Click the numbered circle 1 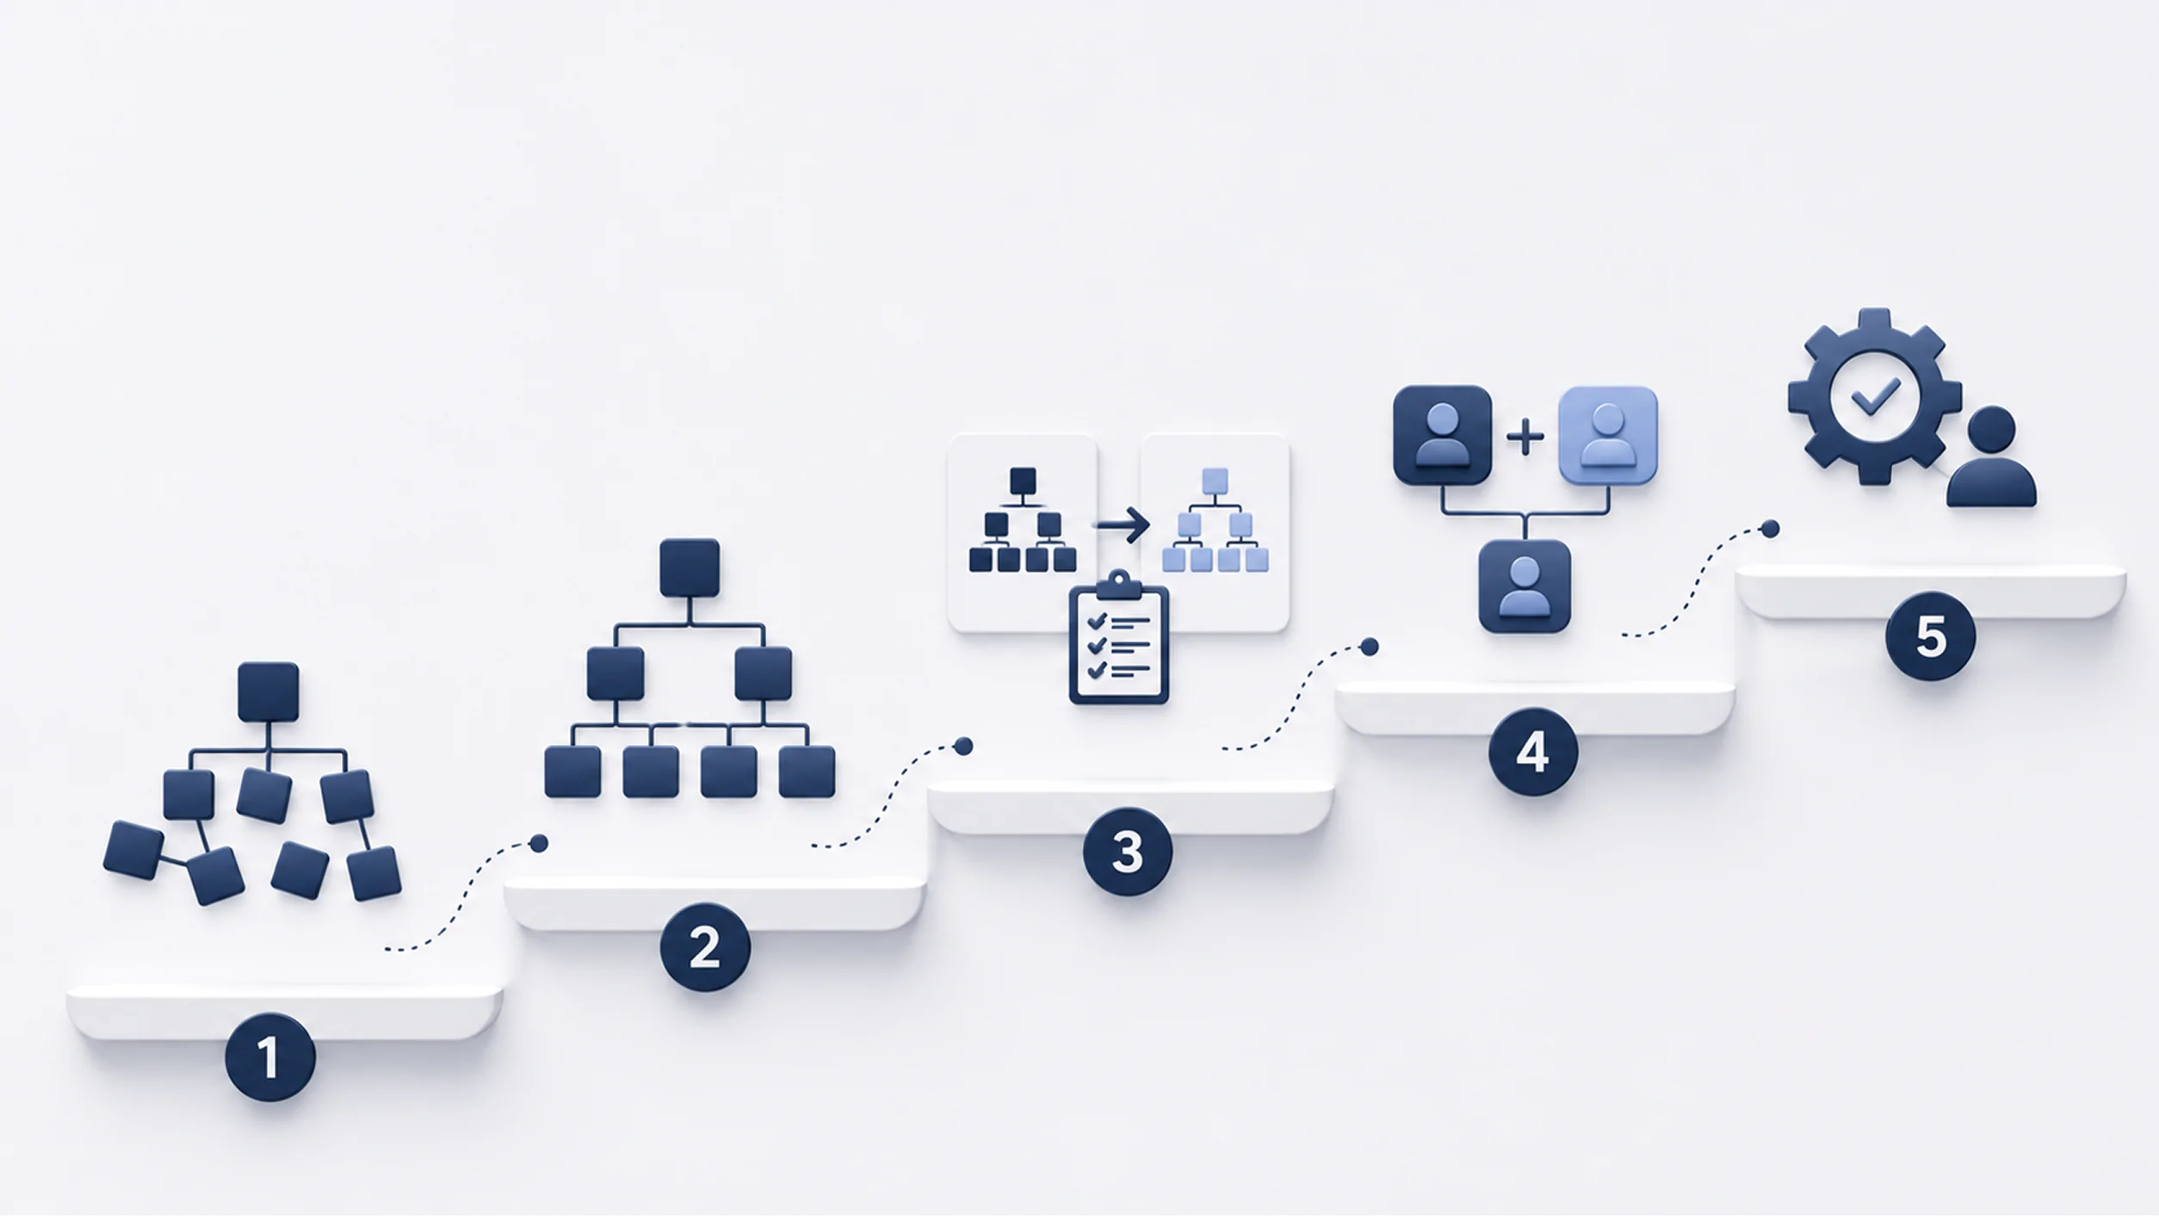click(269, 1058)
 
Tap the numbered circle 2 click(705, 947)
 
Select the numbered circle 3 click(1128, 852)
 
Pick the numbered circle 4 click(1533, 752)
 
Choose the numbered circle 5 click(1930, 636)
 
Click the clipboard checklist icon click(1118, 637)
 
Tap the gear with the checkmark click(1874, 397)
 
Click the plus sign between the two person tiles click(1525, 437)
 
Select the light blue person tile click(1608, 436)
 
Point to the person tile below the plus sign click(1525, 586)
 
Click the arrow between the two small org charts click(1122, 524)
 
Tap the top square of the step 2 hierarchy click(690, 568)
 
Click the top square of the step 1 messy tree click(269, 692)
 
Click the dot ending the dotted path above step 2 click(539, 843)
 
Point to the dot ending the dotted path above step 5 click(1770, 529)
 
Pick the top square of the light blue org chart click(1215, 481)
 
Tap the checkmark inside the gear click(1875, 397)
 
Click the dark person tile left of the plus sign click(1442, 436)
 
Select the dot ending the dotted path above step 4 click(1370, 647)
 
